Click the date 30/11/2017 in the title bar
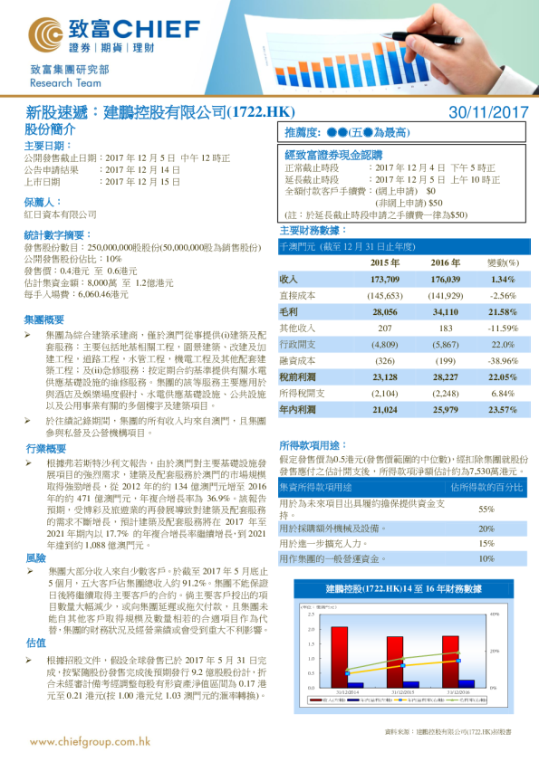(x=488, y=112)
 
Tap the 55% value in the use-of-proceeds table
(x=486, y=509)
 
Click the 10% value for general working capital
(x=486, y=559)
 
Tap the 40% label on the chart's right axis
(x=496, y=614)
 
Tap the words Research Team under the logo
(x=59, y=82)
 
